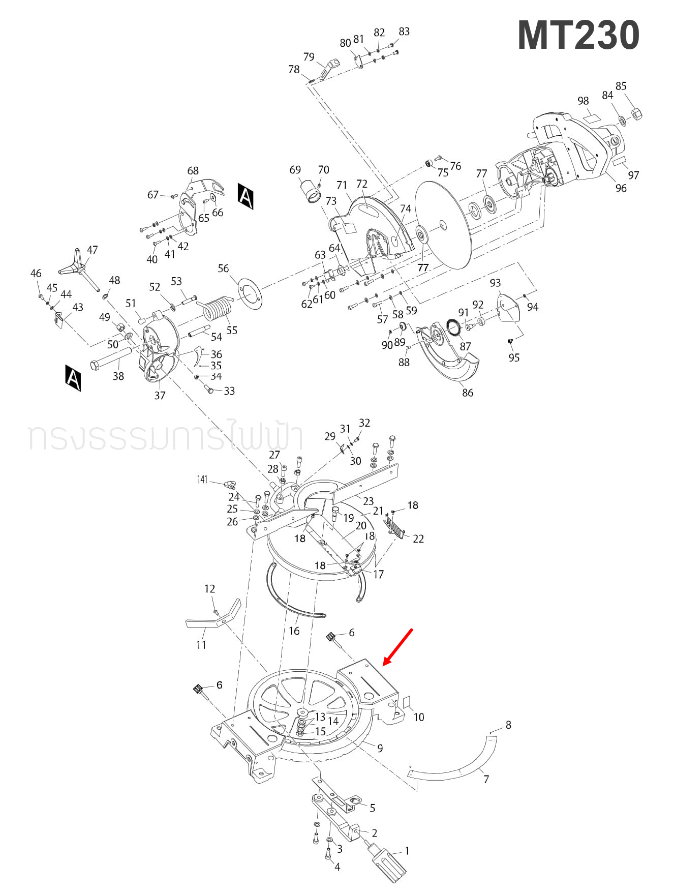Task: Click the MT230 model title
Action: pyautogui.click(x=578, y=36)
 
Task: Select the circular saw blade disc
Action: pyautogui.click(x=443, y=225)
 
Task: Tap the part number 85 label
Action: pyautogui.click(x=621, y=86)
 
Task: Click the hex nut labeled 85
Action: pyautogui.click(x=636, y=114)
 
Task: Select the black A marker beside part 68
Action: pyautogui.click(x=246, y=196)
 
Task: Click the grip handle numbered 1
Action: pyautogui.click(x=389, y=861)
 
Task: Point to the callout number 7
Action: pyautogui.click(x=486, y=779)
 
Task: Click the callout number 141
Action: pyautogui.click(x=202, y=480)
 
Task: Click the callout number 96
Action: pyautogui.click(x=621, y=188)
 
